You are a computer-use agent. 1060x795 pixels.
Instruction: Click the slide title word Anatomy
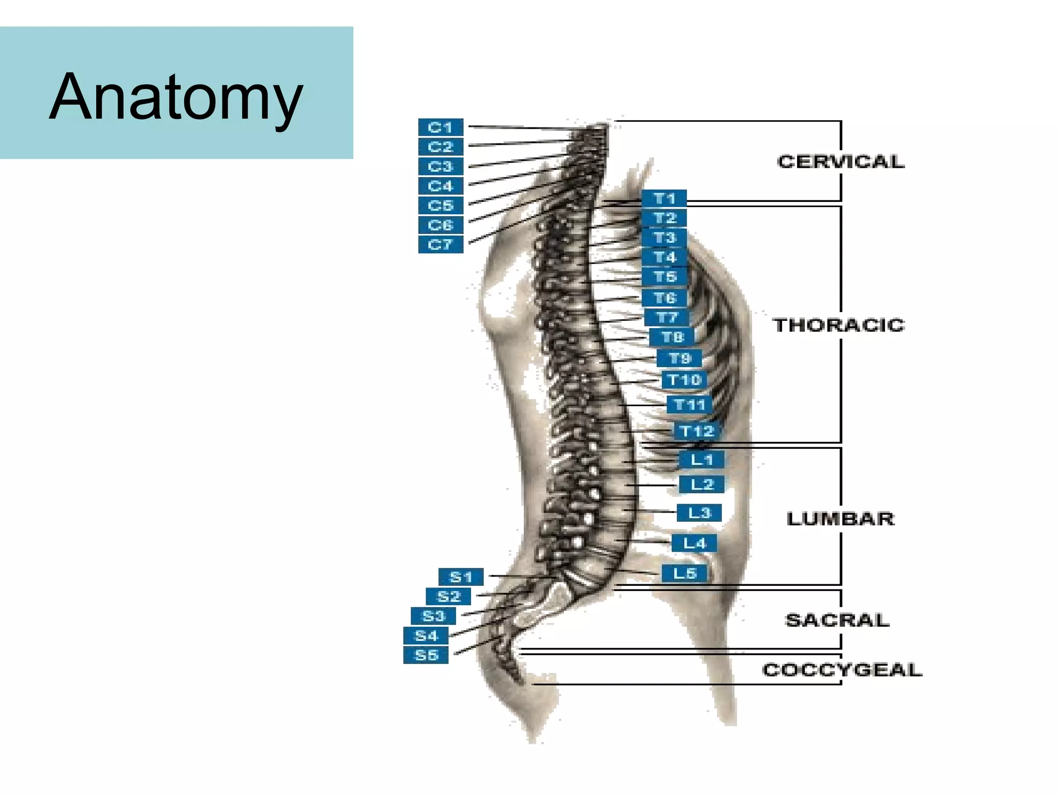(176, 97)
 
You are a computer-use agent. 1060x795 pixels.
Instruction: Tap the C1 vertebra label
(440, 127)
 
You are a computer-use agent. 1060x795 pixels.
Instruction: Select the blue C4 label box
(440, 186)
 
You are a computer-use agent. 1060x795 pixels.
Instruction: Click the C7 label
(440, 244)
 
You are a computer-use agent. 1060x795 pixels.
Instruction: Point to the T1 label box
(664, 198)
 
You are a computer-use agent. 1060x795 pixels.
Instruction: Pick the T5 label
(665, 277)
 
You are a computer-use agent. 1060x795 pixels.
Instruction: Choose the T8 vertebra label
(672, 337)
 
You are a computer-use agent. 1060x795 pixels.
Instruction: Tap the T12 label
(697, 431)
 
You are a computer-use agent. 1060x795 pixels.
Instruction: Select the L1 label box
(701, 459)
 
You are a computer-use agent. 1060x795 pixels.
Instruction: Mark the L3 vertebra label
(699, 512)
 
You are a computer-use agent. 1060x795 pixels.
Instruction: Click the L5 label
(684, 573)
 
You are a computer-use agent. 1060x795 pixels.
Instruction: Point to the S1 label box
(461, 577)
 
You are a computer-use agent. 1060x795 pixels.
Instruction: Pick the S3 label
(433, 616)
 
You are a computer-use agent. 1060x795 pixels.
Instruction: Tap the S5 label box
(426, 655)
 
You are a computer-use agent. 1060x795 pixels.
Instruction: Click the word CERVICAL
(841, 161)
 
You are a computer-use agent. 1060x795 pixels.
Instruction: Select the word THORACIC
(838, 325)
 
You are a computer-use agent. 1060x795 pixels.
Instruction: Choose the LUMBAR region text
(841, 519)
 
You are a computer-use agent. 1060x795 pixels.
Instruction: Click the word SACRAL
(837, 620)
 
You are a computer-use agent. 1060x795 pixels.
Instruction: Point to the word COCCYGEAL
(842, 670)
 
